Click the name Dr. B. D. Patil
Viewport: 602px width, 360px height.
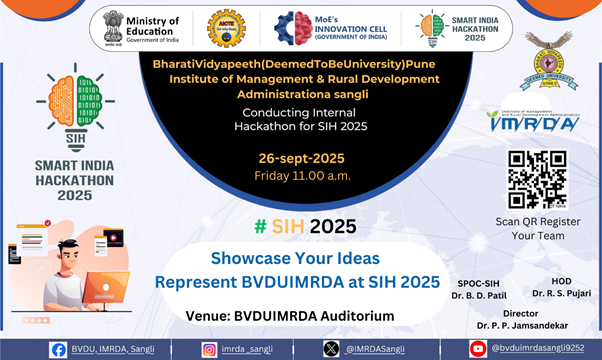click(x=474, y=294)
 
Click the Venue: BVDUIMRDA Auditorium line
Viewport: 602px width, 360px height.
click(x=289, y=315)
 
